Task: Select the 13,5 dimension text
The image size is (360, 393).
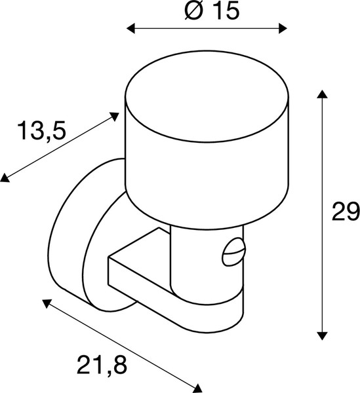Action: tap(41, 132)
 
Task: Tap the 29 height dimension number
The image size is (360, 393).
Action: tap(345, 212)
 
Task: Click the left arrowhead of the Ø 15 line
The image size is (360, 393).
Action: tap(130, 28)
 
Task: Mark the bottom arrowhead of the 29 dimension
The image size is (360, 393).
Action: tap(321, 335)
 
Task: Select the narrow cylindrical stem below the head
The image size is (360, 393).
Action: tap(197, 255)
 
